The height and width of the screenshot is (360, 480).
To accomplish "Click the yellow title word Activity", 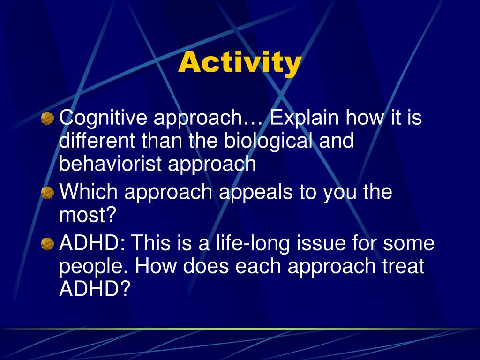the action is click(240, 63).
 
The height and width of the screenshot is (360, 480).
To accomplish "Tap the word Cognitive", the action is click(103, 118).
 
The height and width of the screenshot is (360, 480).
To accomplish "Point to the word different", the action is click(97, 141).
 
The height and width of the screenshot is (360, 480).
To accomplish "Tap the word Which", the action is click(88, 192).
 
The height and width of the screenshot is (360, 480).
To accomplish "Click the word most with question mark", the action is click(88, 215).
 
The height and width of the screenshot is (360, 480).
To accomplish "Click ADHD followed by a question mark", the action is click(95, 288).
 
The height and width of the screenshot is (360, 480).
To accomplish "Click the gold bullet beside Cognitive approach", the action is click(47, 118).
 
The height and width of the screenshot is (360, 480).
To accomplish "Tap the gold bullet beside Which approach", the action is click(47, 193).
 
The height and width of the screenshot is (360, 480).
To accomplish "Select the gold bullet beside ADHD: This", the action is click(47, 244).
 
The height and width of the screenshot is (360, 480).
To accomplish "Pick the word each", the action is click(258, 265).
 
